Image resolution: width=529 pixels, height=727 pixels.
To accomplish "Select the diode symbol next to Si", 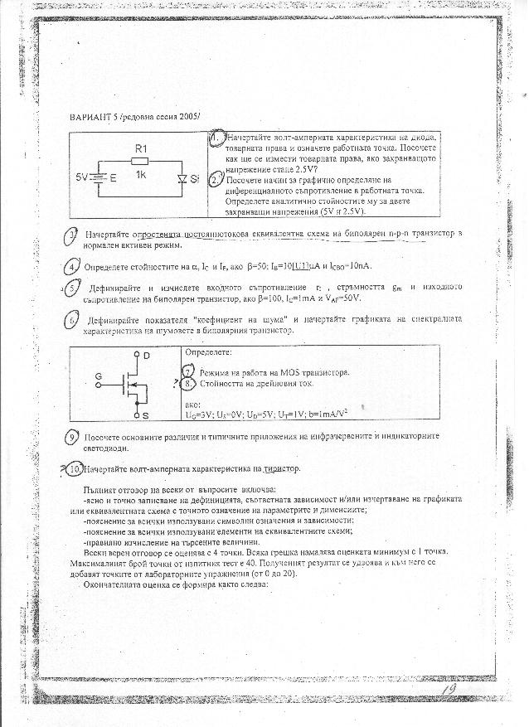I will click(x=181, y=178).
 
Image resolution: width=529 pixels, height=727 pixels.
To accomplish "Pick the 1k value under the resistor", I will click(x=141, y=176).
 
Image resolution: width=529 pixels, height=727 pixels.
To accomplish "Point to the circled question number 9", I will click(x=74, y=437).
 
